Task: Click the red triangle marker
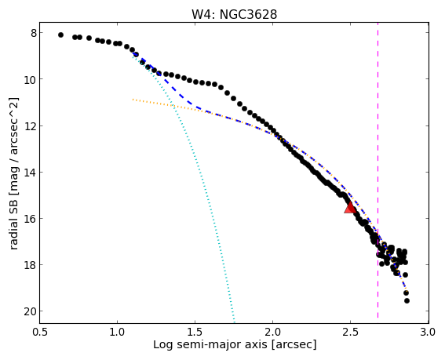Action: (x=350, y=207)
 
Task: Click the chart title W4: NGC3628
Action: (x=234, y=14)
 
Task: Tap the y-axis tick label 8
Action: (x=34, y=33)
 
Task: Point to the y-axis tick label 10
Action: (x=31, y=79)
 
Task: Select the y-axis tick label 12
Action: (x=31, y=125)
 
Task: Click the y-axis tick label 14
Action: (x=31, y=173)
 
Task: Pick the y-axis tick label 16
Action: (x=31, y=219)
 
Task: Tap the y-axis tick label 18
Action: (x=31, y=265)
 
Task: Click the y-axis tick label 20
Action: (x=31, y=311)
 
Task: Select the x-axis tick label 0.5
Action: (x=40, y=332)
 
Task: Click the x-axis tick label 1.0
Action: (x=117, y=332)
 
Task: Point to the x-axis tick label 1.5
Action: (x=195, y=332)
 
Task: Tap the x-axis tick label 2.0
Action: (x=273, y=332)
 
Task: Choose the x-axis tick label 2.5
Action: (x=351, y=332)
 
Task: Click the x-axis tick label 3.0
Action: (x=428, y=332)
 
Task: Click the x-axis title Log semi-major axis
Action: (x=210, y=345)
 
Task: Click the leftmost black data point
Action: (x=60, y=35)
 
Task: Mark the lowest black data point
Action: (x=407, y=300)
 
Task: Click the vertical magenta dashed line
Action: (x=378, y=170)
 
